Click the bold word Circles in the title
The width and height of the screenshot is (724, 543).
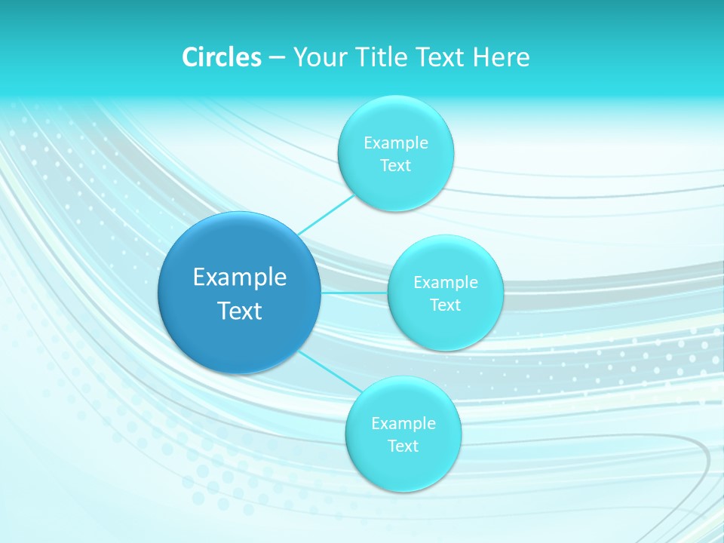[222, 57]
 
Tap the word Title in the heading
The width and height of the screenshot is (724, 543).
[384, 57]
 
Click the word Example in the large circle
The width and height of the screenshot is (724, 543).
[240, 278]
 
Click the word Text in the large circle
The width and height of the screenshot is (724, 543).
[240, 311]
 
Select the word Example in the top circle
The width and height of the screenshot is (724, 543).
[395, 143]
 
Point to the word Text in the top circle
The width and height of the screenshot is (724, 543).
[395, 166]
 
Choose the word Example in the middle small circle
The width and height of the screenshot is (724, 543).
[445, 283]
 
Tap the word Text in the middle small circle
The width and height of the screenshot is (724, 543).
[445, 305]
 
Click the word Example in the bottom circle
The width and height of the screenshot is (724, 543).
[403, 424]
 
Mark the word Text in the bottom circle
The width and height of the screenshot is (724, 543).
[403, 446]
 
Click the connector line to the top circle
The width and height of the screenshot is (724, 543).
[326, 214]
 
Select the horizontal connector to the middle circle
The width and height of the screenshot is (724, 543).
[354, 293]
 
